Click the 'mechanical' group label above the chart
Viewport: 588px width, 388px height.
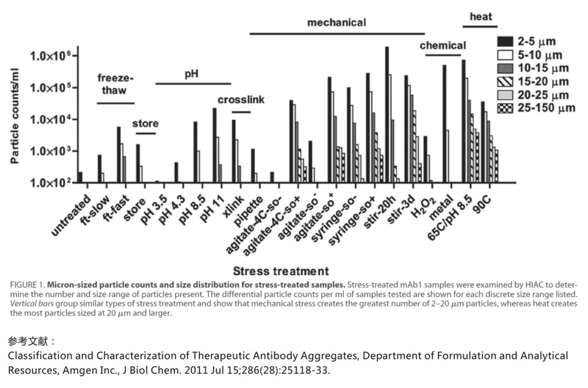point(336,23)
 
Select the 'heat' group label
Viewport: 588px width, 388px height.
point(481,17)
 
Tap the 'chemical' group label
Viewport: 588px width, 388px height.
point(443,46)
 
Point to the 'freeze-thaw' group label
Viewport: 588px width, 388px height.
point(115,84)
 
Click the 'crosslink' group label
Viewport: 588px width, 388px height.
point(241,100)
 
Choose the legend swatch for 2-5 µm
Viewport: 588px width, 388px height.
point(505,41)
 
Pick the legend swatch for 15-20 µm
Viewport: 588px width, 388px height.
point(505,82)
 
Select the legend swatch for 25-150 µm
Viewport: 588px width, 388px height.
point(505,108)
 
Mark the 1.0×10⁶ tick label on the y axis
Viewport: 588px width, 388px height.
point(51,56)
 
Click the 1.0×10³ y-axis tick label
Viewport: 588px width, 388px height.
point(51,152)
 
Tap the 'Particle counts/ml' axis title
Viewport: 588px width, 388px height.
point(15,116)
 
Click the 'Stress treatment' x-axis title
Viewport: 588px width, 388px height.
point(281,271)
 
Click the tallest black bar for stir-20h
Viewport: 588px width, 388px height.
point(387,113)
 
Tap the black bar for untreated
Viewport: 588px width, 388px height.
point(80,177)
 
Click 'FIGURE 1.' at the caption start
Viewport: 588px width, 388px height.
point(28,285)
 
